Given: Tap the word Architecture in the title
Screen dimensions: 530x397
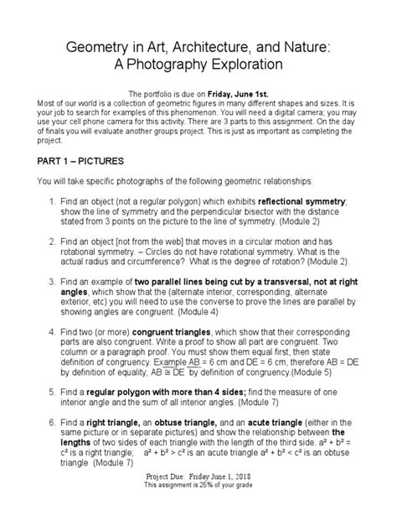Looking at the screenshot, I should coord(218,43).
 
